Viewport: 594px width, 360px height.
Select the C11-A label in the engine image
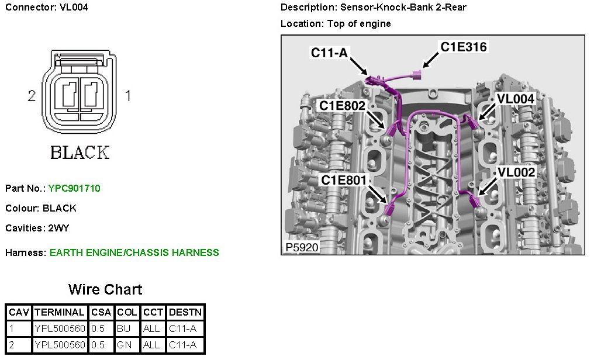coord(329,53)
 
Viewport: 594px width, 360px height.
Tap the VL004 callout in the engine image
coord(515,99)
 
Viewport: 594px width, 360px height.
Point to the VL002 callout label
coord(515,172)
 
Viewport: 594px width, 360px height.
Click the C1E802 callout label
coord(342,105)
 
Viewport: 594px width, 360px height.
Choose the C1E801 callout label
coord(343,180)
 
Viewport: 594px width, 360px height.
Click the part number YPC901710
coord(74,189)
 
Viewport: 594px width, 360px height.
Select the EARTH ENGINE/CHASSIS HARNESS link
coord(134,253)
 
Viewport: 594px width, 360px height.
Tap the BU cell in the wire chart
coord(123,329)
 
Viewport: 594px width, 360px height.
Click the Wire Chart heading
coord(105,289)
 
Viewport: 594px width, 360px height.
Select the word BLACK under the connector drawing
coord(80,153)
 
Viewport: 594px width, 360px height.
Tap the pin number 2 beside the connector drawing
coord(32,96)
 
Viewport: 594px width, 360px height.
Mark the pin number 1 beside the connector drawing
coord(128,96)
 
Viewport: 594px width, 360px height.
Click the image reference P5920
coord(302,248)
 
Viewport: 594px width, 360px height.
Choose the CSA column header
coord(102,313)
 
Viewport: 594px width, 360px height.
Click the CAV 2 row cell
coord(18,345)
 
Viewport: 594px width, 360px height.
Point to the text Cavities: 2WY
coord(39,228)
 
